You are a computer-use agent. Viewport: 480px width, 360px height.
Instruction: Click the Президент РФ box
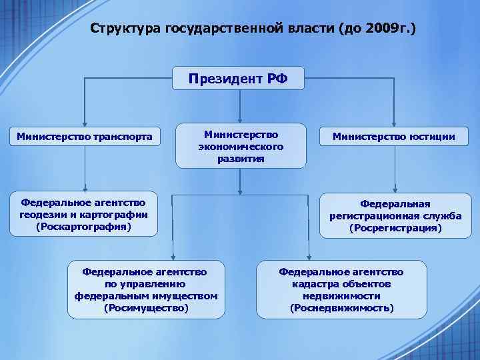[x=238, y=79]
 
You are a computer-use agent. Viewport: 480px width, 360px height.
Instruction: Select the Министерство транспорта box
[x=84, y=137]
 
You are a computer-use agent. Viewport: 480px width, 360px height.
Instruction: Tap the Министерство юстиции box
[x=395, y=137]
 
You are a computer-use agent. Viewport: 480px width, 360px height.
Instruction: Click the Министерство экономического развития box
[x=241, y=146]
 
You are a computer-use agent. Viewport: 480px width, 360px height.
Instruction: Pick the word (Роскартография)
[x=84, y=227]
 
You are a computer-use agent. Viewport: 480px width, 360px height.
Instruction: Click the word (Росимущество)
[x=147, y=308]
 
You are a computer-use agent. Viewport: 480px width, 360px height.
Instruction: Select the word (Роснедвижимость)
[x=341, y=308]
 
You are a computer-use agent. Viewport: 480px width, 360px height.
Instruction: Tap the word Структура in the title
[x=121, y=29]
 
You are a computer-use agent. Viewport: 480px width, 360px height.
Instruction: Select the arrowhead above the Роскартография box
[x=85, y=189]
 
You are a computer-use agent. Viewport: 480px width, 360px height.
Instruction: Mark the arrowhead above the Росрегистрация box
[x=395, y=189]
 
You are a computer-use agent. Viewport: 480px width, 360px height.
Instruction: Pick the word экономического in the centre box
[x=241, y=146]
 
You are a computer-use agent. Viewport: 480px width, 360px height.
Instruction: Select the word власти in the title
[x=309, y=29]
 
